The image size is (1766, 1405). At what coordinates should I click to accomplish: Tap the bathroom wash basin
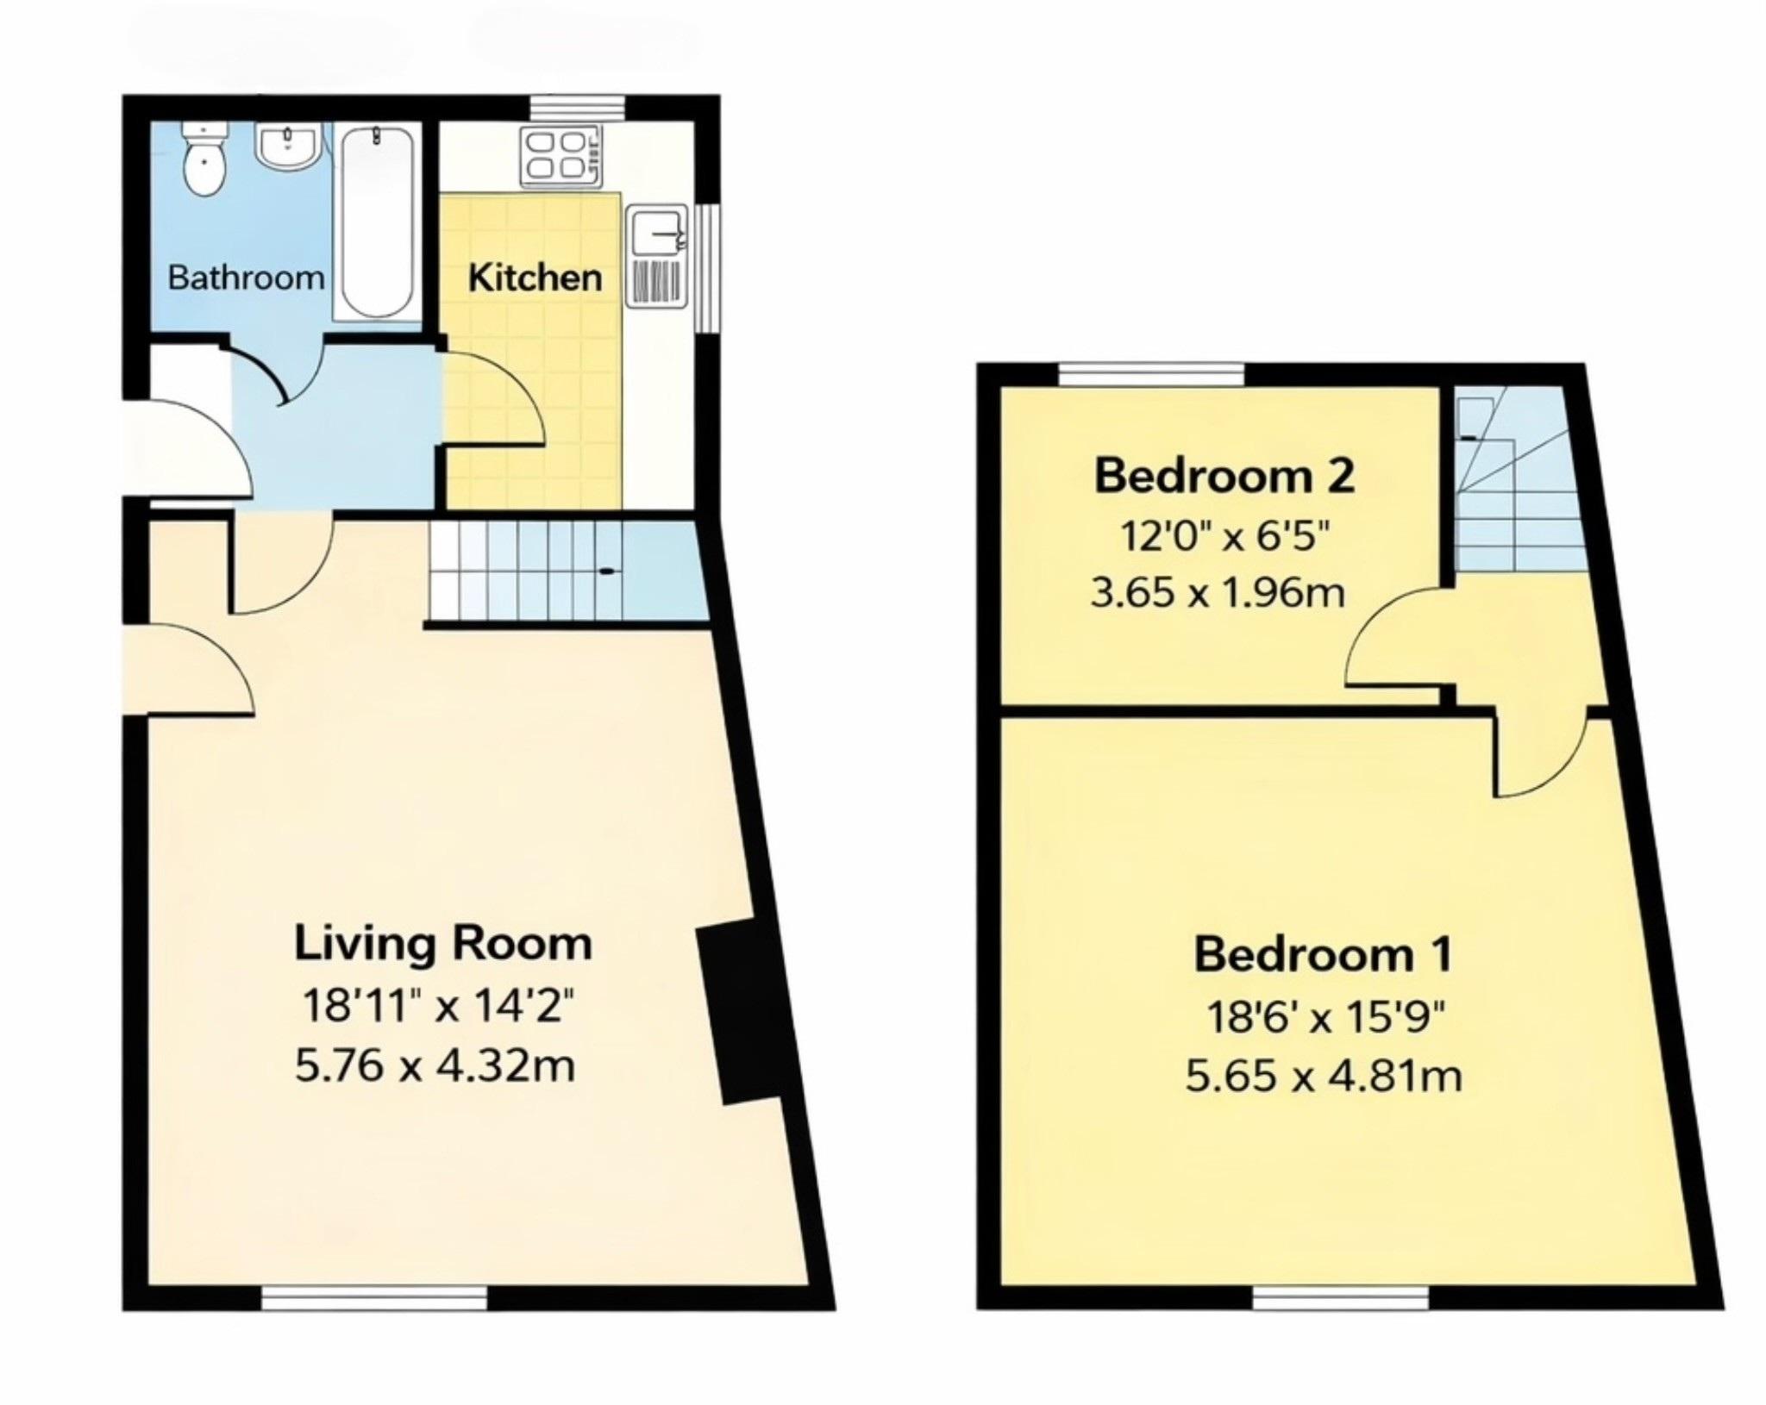[288, 147]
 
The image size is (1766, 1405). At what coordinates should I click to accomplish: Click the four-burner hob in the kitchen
[560, 156]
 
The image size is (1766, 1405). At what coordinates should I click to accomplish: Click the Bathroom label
[246, 278]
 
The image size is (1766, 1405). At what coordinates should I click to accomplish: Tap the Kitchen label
[535, 278]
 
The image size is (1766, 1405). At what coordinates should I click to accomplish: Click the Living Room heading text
[443, 943]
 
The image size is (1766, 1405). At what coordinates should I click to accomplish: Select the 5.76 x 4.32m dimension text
[435, 1066]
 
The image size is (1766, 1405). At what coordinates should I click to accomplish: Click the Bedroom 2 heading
[1224, 476]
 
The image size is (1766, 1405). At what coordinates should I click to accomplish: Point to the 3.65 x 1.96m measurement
[1217, 593]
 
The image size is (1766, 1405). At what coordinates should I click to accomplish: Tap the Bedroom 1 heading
[1323, 954]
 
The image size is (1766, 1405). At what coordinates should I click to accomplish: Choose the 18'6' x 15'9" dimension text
[1324, 1018]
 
